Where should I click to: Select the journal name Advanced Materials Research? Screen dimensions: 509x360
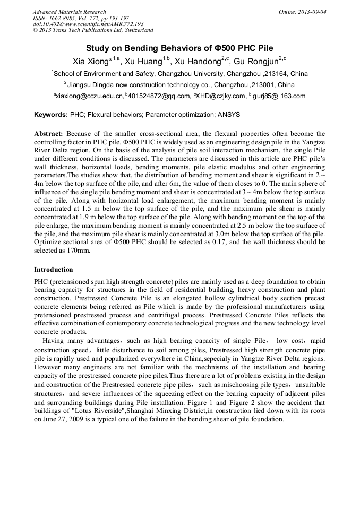pyautogui.click(x=70, y=12)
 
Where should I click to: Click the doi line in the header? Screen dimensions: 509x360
pyautogui.click(x=88, y=24)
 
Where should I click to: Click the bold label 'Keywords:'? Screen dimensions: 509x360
pyautogui.click(x=51, y=114)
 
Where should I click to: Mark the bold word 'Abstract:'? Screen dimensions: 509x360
pyautogui.click(x=49, y=134)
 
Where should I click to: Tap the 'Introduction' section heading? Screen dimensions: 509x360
pyautogui.click(x=53, y=270)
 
